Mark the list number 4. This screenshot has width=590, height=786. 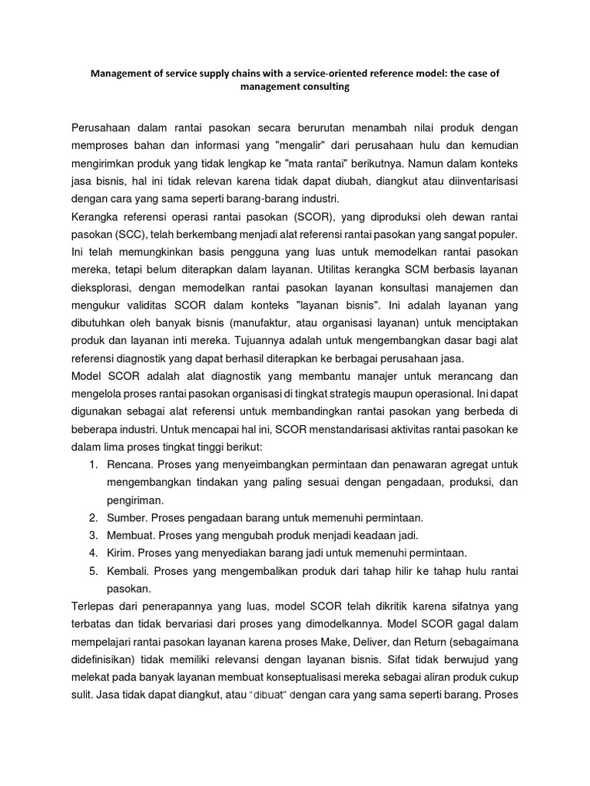click(x=91, y=552)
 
